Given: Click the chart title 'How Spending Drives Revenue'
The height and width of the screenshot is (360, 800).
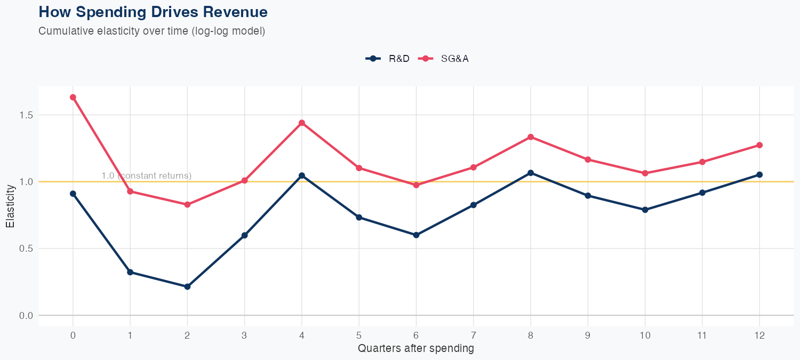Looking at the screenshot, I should (153, 12).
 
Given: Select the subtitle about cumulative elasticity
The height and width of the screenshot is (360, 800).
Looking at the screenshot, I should (151, 31).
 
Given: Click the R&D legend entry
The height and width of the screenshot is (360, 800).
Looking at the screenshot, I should (388, 59).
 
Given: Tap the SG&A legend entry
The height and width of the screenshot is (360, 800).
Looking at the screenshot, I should (444, 59).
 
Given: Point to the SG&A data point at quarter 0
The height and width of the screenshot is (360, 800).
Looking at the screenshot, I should (73, 97).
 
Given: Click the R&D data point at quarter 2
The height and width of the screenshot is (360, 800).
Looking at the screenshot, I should (187, 286).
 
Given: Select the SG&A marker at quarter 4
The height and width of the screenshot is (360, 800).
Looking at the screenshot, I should (302, 123).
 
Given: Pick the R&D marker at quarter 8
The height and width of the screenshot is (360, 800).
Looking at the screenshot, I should (531, 173).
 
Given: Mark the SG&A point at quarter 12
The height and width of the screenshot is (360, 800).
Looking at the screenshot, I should (759, 145).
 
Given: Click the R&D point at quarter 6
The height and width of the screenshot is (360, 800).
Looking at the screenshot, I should (416, 235).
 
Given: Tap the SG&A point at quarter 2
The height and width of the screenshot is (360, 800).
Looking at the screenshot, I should (187, 204).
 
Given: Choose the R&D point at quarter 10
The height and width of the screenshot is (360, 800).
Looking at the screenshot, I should (645, 210).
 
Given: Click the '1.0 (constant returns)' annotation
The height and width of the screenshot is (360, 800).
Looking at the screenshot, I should (146, 175).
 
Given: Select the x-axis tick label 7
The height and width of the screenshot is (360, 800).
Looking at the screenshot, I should (474, 335).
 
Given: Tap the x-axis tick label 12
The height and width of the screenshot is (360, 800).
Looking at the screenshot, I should (759, 335).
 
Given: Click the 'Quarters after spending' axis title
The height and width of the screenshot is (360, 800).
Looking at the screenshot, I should (416, 349).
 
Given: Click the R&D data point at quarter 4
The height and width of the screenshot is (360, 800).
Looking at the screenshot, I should (302, 175).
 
